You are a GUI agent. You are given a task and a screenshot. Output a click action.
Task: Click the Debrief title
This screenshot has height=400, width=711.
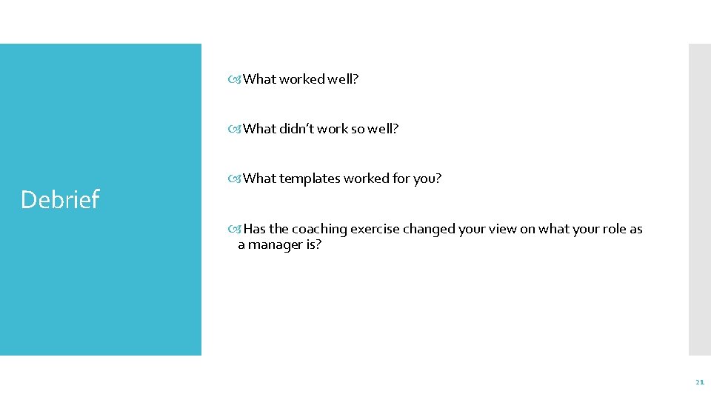(x=60, y=199)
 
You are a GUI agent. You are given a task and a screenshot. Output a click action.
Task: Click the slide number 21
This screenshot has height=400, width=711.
(x=699, y=382)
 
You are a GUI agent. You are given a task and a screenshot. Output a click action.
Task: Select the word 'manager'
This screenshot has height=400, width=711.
(x=275, y=244)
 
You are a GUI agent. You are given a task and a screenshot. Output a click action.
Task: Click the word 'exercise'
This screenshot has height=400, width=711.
(x=374, y=229)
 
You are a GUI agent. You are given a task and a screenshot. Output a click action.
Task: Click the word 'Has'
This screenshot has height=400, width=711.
(x=255, y=229)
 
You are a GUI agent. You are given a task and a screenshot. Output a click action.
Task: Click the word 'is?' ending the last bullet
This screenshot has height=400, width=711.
(x=313, y=244)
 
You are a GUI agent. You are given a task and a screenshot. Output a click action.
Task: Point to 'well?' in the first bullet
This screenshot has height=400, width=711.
(x=342, y=79)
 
